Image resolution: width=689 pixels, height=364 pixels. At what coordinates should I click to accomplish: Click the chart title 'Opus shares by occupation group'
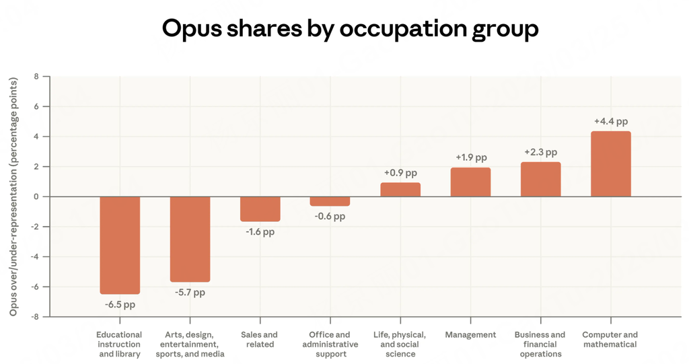[x=350, y=29]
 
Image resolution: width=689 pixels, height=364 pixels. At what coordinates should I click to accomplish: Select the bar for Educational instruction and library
[x=120, y=245]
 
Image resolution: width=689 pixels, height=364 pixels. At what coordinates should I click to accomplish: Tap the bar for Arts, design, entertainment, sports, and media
[x=190, y=239]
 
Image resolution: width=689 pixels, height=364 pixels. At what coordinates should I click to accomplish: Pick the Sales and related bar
[x=260, y=209]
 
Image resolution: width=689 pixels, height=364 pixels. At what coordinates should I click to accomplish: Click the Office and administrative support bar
[x=330, y=201]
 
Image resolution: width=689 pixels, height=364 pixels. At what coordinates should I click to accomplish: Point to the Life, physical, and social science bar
[x=400, y=190]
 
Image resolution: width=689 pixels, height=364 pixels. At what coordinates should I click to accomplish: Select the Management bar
[x=470, y=182]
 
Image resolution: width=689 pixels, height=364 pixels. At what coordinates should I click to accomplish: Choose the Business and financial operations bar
[x=540, y=179]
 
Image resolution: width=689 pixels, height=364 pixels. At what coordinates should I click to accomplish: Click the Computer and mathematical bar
[x=610, y=163]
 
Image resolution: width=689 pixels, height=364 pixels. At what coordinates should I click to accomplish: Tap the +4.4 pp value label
[x=611, y=122]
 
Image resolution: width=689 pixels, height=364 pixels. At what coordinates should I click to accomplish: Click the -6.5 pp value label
[x=120, y=304]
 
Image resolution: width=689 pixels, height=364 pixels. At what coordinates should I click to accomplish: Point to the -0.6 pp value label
[x=330, y=216]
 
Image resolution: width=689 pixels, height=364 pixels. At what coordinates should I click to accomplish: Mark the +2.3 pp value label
[x=541, y=153]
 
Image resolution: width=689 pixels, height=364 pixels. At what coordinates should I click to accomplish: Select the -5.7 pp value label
[x=190, y=292]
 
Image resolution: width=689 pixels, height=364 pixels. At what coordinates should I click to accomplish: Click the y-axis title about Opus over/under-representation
[x=13, y=196]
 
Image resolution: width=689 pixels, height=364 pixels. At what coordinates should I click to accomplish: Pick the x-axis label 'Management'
[x=470, y=334]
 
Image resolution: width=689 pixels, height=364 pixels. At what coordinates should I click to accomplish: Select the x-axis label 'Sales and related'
[x=260, y=339]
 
